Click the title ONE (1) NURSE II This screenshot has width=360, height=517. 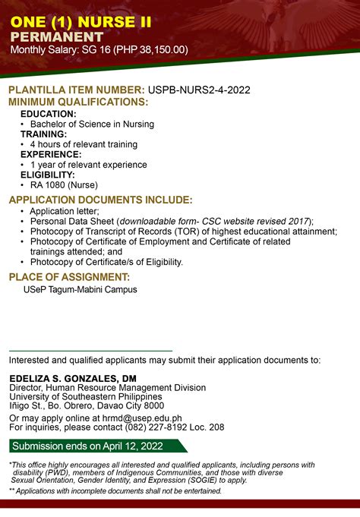click(x=75, y=22)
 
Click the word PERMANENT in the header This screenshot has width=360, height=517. click(x=56, y=36)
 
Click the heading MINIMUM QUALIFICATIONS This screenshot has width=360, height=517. click(x=77, y=102)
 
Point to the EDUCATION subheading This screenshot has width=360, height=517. click(x=48, y=113)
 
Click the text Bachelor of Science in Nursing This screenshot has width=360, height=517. click(x=92, y=124)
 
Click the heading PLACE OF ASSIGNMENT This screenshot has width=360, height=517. click(x=69, y=277)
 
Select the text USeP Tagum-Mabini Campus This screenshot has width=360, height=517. click(x=81, y=289)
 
